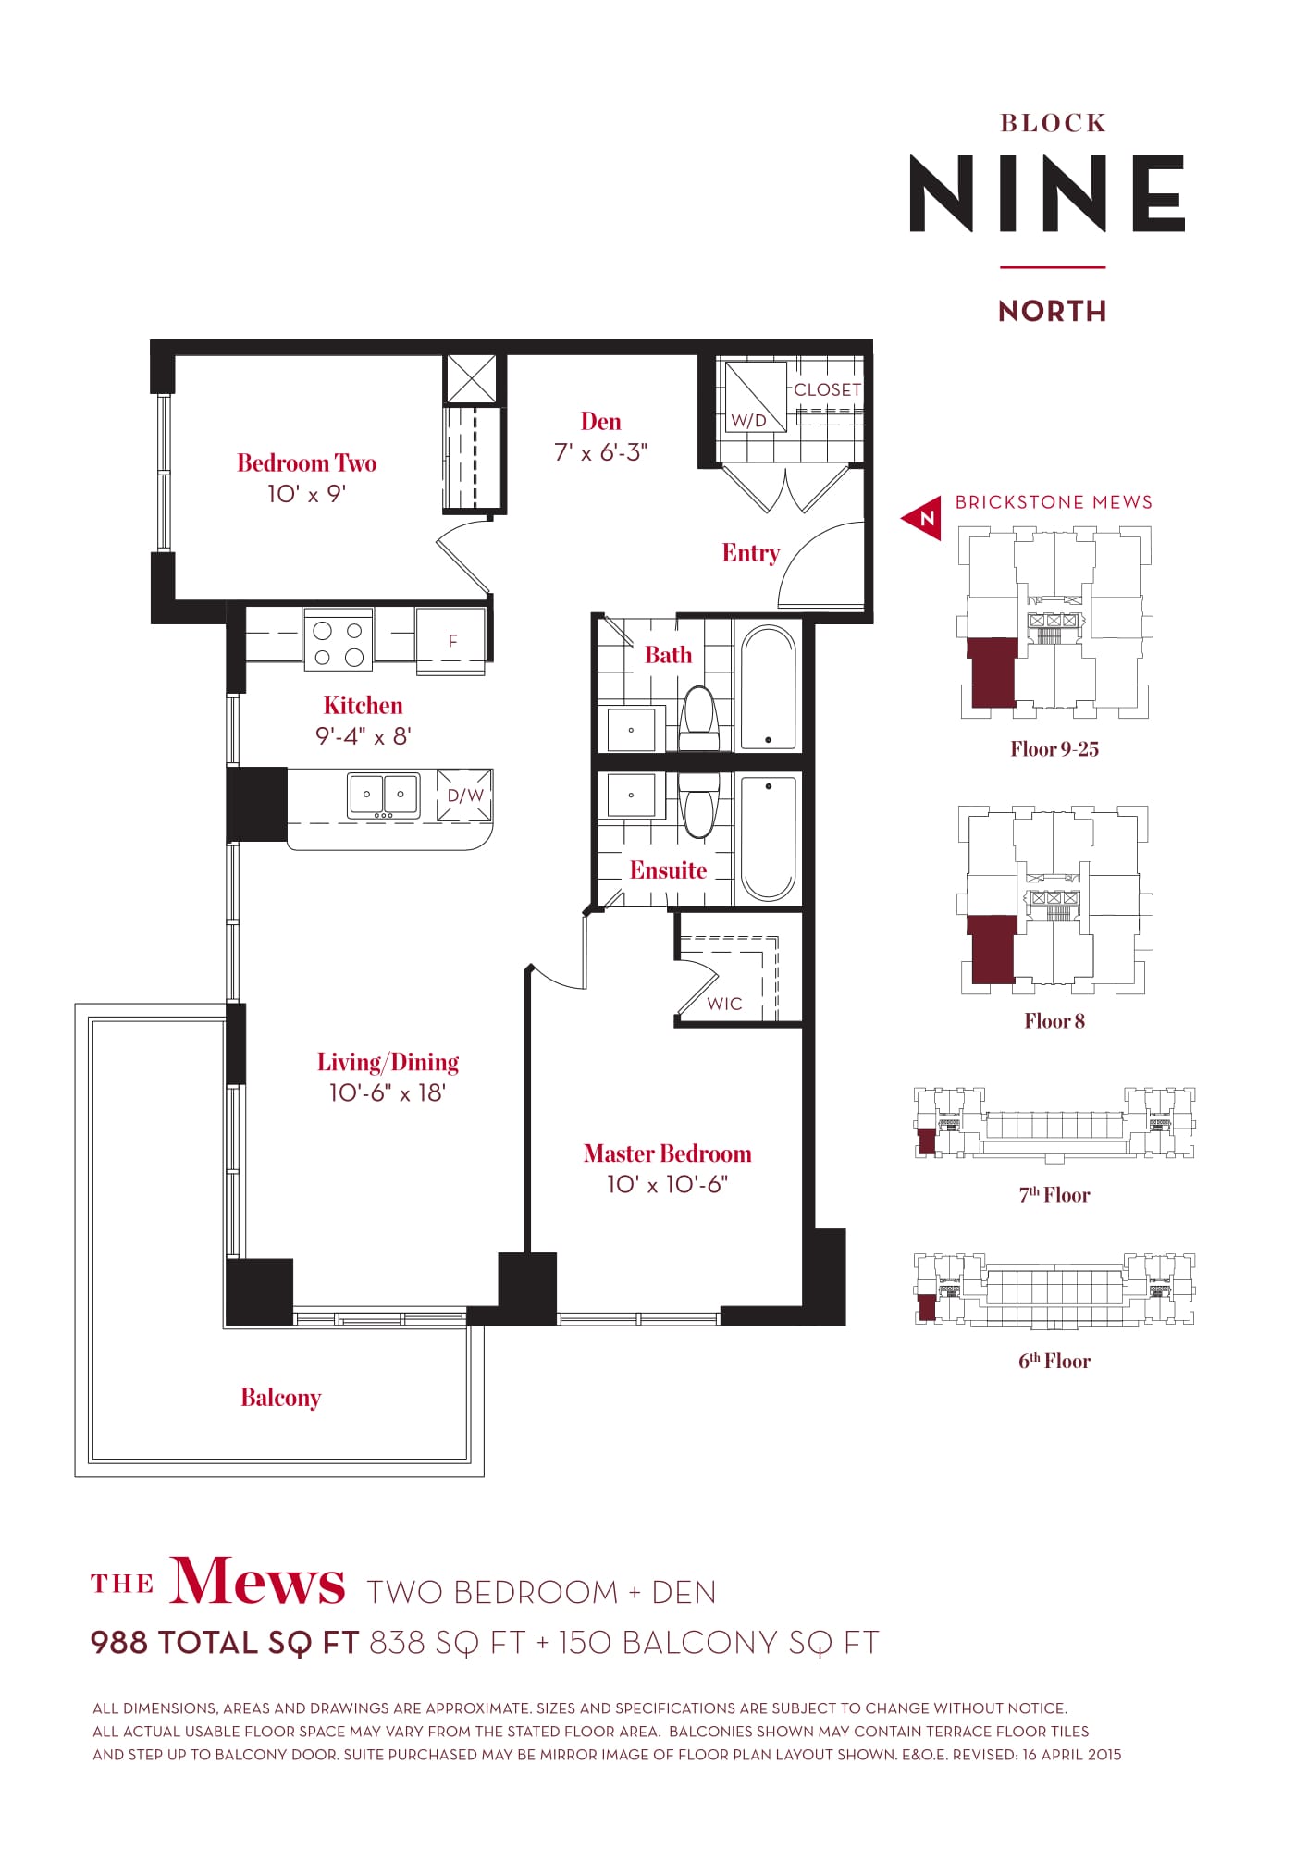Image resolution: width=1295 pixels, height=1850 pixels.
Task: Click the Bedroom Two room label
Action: click(x=307, y=462)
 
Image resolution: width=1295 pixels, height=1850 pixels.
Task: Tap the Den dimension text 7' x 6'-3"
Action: click(x=601, y=452)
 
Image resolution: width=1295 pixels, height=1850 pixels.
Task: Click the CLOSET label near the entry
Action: click(x=827, y=390)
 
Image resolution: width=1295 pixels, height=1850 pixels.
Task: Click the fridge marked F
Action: click(x=451, y=640)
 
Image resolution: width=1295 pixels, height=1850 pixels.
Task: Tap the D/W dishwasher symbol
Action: click(x=464, y=795)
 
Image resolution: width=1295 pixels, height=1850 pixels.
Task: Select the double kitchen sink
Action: click(x=383, y=795)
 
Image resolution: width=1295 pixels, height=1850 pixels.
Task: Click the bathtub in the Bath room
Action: click(x=768, y=687)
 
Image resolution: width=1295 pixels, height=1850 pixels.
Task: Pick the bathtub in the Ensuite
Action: click(x=768, y=838)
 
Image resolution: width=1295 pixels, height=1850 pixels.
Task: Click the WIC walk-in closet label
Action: click(x=724, y=1004)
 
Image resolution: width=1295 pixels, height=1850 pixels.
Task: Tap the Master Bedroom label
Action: click(x=668, y=1153)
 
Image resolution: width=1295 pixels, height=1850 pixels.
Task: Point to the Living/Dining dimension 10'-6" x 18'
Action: click(x=388, y=1093)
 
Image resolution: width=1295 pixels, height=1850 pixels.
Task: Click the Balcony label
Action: click(x=281, y=1398)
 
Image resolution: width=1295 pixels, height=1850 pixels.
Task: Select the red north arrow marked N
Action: click(x=921, y=518)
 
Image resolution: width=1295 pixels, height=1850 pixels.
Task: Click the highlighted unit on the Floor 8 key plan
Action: click(x=992, y=949)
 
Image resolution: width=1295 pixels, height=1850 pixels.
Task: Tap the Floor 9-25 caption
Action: click(x=1054, y=749)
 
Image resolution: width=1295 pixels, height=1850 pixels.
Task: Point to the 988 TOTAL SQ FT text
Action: click(x=225, y=1643)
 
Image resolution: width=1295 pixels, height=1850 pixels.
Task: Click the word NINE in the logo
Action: click(x=1048, y=193)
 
